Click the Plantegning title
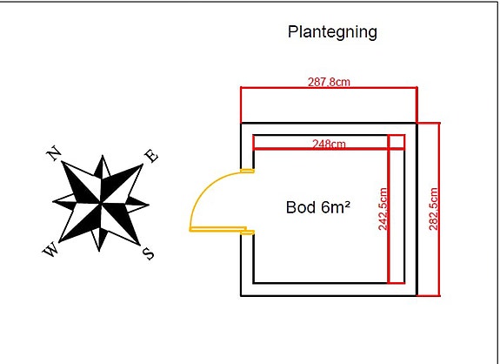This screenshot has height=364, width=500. (x=332, y=32)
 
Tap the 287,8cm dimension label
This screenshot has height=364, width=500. (x=329, y=82)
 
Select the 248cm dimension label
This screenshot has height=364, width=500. (x=329, y=144)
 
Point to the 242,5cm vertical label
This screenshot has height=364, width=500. (x=383, y=209)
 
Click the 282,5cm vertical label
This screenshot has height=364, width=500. (x=433, y=209)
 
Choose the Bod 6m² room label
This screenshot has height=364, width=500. (x=318, y=207)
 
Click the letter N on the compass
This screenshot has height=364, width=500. (x=54, y=153)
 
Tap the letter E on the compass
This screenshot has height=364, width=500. (x=151, y=156)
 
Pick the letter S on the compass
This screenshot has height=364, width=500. (x=149, y=254)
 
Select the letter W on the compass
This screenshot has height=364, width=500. (x=50, y=249)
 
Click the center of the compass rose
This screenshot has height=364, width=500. (x=101, y=203)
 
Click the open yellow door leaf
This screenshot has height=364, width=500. (x=218, y=229)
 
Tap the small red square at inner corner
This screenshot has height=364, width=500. (x=397, y=142)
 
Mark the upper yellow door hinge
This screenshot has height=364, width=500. (x=248, y=171)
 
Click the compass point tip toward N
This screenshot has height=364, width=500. (x=62, y=162)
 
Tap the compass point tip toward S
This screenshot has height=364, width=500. (x=140, y=245)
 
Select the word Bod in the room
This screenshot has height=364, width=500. (x=301, y=207)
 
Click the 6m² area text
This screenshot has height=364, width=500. (x=336, y=207)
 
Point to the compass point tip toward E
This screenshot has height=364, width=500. (x=143, y=165)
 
